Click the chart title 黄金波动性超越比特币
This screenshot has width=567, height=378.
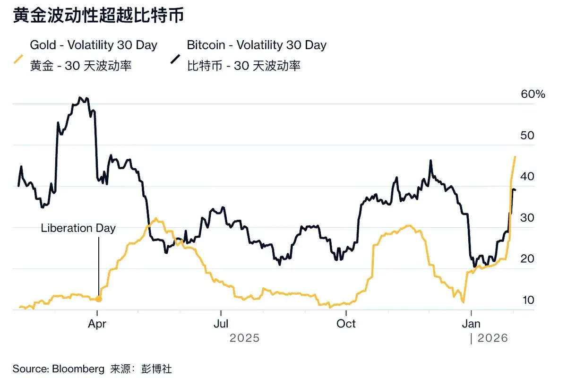click(98, 17)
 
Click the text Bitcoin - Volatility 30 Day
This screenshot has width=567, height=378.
click(257, 45)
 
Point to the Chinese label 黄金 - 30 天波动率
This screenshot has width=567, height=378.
click(81, 66)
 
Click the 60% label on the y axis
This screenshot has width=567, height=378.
click(533, 94)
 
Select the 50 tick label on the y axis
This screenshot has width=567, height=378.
click(527, 136)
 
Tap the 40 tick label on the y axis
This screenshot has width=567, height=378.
click(527, 177)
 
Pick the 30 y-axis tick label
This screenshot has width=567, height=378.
click(527, 218)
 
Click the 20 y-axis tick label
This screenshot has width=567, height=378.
click(527, 259)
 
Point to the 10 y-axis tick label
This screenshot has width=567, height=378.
click(527, 300)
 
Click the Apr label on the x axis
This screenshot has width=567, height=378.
click(97, 324)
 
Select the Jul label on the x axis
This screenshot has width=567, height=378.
click(221, 324)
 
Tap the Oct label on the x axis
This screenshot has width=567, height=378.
click(346, 324)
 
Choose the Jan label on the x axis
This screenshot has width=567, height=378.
click(471, 324)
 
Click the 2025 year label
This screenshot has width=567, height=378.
click(244, 338)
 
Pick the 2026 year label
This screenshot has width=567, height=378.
click(492, 338)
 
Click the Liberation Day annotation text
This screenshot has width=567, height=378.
click(78, 228)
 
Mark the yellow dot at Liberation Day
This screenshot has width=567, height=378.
click(98, 299)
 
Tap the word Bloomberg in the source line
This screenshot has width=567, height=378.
click(79, 369)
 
